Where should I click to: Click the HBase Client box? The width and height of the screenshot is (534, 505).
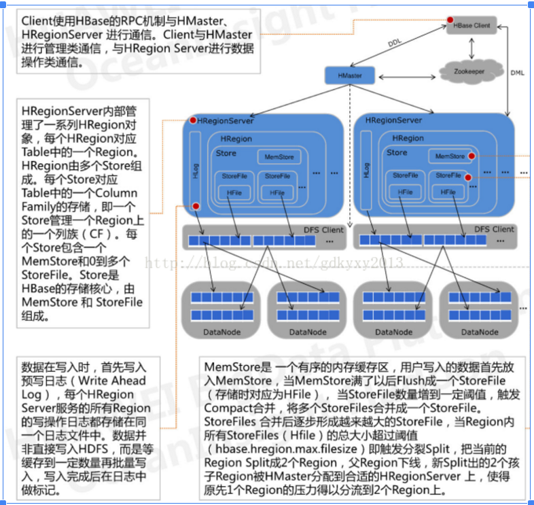[x=471, y=25]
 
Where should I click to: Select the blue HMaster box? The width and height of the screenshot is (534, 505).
[x=349, y=75]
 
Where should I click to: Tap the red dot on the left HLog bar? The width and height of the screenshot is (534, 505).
[x=195, y=206]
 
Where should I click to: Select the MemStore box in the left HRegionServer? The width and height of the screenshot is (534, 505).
[x=277, y=158]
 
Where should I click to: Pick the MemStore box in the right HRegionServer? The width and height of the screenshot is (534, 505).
[x=450, y=156]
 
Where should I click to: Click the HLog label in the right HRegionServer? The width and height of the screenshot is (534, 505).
[x=367, y=171]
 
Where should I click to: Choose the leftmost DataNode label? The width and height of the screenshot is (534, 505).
[x=221, y=332]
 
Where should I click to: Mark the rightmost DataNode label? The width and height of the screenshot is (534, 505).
[x=479, y=332]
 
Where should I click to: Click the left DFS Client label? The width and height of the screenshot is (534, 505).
[x=323, y=230]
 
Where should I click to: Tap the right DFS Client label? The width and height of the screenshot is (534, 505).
[x=494, y=229]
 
